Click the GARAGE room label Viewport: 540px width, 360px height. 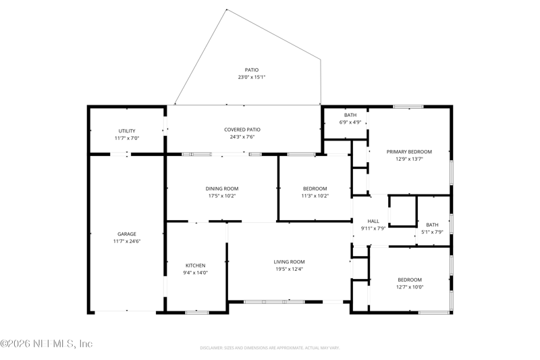[x=127, y=234]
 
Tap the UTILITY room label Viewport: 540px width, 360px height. [x=127, y=131]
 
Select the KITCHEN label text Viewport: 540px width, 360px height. [x=195, y=265]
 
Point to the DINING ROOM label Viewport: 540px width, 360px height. [x=222, y=189]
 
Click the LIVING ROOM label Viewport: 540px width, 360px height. [x=289, y=262]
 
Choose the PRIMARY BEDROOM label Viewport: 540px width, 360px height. [x=409, y=152]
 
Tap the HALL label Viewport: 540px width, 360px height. [x=373, y=221]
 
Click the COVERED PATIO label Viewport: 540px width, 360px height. [x=242, y=130]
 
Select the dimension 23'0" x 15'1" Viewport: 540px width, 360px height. [x=252, y=77]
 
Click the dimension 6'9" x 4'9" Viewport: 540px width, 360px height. [x=350, y=122]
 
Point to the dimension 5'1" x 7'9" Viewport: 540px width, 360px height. [x=432, y=232]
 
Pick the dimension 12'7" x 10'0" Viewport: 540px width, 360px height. [x=410, y=287]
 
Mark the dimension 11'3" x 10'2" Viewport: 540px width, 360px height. [x=315, y=196]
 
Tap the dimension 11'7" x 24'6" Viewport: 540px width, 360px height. [x=127, y=242]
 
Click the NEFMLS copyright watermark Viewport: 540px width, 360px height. [x=47, y=344]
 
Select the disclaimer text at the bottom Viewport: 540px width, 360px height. [x=270, y=348]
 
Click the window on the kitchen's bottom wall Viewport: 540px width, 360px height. [x=197, y=313]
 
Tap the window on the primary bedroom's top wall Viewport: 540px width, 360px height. [x=408, y=107]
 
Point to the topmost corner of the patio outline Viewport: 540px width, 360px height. [x=226, y=9]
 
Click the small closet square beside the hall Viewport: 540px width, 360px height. [x=402, y=211]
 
